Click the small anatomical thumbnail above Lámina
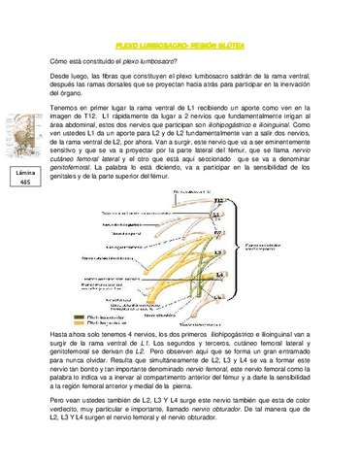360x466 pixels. click(24, 136)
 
